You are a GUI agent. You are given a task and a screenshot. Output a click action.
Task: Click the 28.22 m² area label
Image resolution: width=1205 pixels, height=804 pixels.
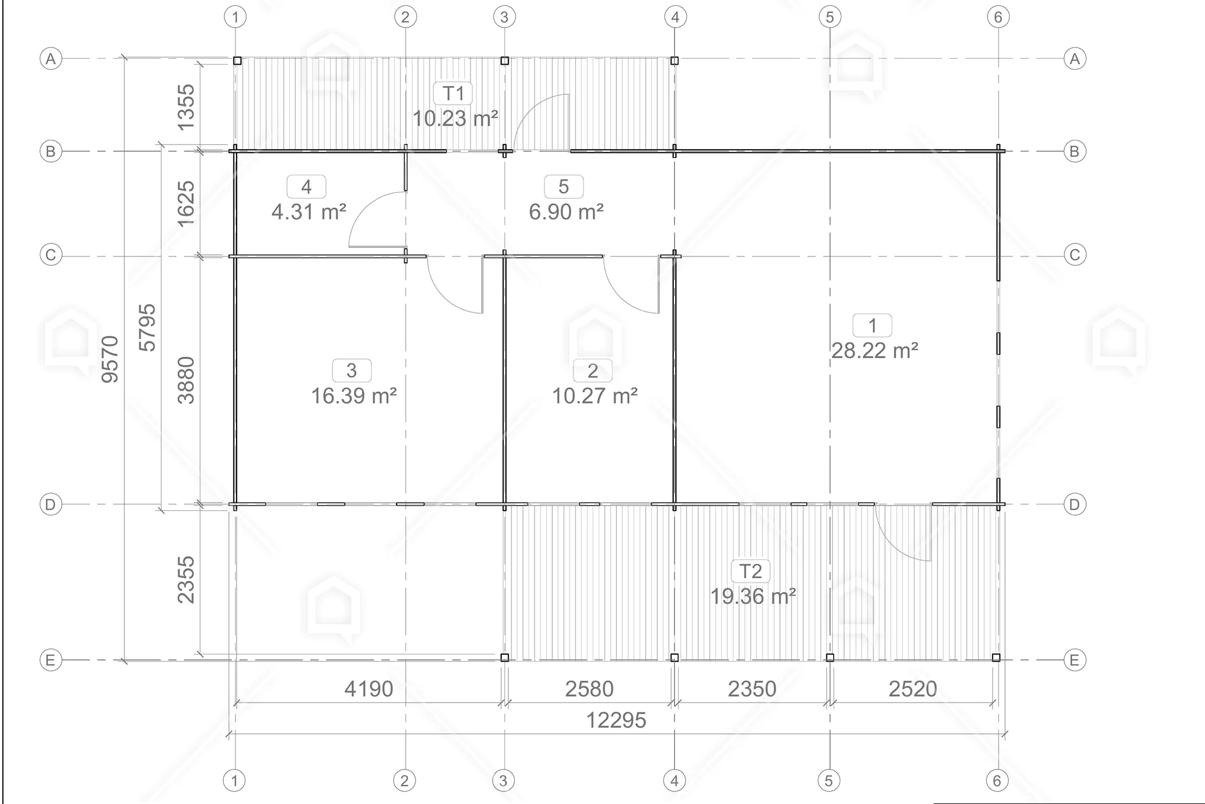click(875, 351)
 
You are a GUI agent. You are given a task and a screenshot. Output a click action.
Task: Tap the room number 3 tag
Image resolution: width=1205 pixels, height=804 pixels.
click(352, 370)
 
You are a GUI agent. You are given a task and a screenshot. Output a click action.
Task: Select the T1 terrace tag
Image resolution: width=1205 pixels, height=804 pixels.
click(453, 93)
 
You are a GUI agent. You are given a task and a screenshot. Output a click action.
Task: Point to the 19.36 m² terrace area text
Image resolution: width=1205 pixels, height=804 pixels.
click(753, 596)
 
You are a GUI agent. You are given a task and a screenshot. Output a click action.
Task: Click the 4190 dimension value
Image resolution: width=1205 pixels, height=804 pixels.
click(369, 689)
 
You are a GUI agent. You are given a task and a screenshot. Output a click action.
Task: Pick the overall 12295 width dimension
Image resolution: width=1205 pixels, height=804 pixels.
click(616, 720)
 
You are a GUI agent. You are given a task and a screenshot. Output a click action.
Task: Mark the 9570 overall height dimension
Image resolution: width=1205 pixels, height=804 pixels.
click(110, 359)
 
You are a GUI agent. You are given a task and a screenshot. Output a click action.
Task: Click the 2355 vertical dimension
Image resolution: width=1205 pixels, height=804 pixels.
click(186, 580)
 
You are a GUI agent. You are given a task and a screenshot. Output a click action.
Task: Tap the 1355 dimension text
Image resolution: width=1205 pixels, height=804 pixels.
click(186, 107)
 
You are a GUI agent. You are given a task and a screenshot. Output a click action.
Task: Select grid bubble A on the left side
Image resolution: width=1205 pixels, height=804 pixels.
click(51, 59)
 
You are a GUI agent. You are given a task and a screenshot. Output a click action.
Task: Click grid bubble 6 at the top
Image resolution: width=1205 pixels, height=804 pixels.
click(998, 17)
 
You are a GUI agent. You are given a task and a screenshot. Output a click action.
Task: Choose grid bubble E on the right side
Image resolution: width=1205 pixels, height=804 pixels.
click(1074, 660)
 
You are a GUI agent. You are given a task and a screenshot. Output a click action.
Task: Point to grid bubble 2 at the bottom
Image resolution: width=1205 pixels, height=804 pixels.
click(404, 780)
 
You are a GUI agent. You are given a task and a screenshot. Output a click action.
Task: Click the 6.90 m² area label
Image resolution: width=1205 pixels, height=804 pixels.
click(566, 212)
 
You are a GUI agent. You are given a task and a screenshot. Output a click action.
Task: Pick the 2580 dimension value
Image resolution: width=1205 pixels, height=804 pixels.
click(589, 689)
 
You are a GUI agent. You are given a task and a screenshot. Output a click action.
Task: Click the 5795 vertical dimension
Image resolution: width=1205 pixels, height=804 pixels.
click(147, 328)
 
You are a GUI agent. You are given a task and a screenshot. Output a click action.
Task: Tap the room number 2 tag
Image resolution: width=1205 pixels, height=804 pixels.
click(593, 371)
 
